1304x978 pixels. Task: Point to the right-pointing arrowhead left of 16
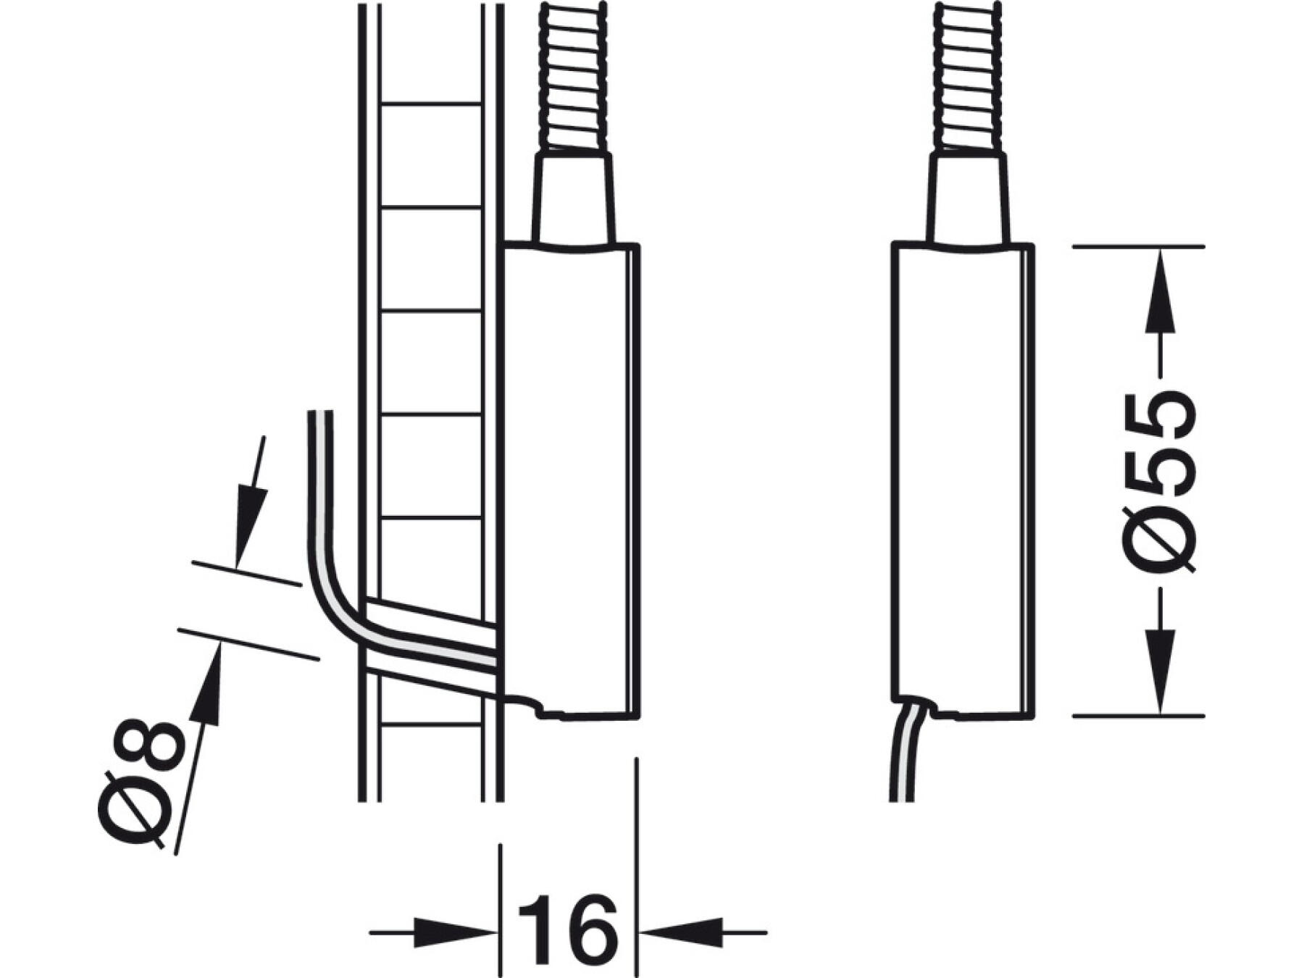click(456, 932)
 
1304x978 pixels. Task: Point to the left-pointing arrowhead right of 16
click(681, 932)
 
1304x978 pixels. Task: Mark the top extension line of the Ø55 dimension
click(1138, 247)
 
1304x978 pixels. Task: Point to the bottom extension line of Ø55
click(1138, 716)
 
